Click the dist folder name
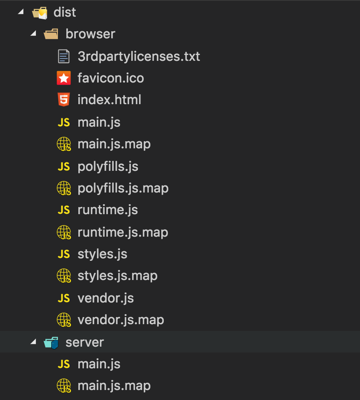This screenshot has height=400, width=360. tap(65, 12)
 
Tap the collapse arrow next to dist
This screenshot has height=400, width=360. tap(21, 12)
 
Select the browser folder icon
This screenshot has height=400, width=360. tap(51, 34)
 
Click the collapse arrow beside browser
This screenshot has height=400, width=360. tap(33, 33)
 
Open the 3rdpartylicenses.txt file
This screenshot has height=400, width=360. tap(139, 56)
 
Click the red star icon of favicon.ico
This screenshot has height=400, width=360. tap(64, 78)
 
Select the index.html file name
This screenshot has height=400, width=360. tap(109, 100)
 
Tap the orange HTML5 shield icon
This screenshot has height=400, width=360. tap(64, 100)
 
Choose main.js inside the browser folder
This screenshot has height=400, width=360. tap(99, 122)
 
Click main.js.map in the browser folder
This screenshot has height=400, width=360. tap(114, 144)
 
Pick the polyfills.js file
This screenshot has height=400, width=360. tap(108, 167)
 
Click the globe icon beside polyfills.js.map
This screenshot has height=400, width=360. tap(64, 188)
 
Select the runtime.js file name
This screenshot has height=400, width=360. tap(107, 210)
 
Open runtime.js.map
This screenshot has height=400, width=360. tap(123, 232)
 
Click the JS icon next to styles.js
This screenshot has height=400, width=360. tap(64, 254)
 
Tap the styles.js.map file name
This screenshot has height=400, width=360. tap(117, 276)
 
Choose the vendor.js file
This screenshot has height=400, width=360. tap(106, 298)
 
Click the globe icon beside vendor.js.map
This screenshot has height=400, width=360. tap(64, 320)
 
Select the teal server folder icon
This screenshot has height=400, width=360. tap(51, 342)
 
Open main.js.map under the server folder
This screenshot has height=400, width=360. tap(114, 386)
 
